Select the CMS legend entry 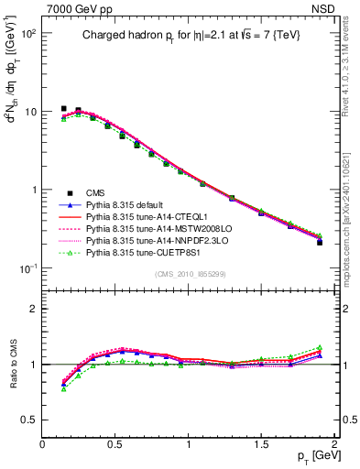(x=96, y=192)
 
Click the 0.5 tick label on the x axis (x=115, y=443)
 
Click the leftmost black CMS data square (x=64, y=108)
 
